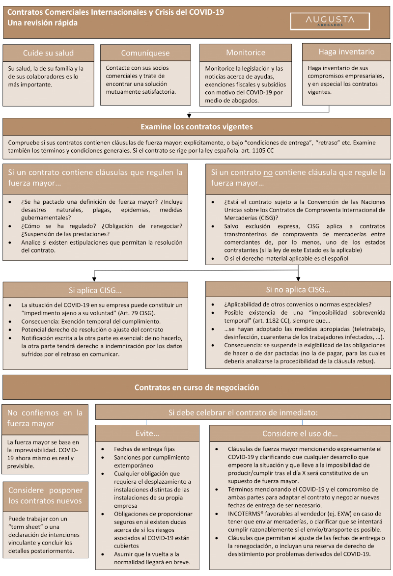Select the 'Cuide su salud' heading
click(x=48, y=53)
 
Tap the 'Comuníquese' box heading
click(x=145, y=53)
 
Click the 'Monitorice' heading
click(x=246, y=53)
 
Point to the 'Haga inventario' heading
click(x=346, y=52)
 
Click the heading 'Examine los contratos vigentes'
click(x=196, y=127)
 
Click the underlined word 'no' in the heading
click(x=267, y=172)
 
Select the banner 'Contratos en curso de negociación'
click(x=196, y=387)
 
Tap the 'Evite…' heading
click(x=147, y=434)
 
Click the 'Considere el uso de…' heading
click(x=300, y=434)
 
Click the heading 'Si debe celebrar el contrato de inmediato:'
click(x=243, y=412)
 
